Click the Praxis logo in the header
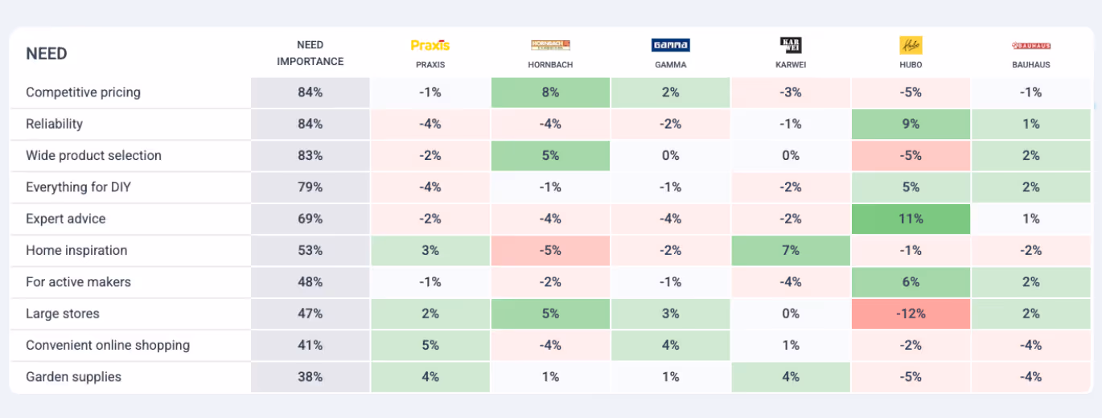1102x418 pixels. pos(430,46)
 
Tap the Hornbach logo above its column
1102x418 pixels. pos(550,46)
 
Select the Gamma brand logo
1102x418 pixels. pos(670,46)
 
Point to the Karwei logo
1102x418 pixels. pos(791,45)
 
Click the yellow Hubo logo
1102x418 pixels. pos(911,45)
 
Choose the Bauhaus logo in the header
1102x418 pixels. pos(1030,46)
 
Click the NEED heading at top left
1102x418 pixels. pos(47,54)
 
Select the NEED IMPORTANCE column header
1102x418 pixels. pos(310,53)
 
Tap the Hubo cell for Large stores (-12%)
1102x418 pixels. pos(911,313)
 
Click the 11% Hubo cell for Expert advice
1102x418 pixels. pos(911,219)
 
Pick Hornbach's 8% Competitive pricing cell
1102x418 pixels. pos(550,92)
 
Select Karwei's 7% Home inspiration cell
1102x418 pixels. pos(791,250)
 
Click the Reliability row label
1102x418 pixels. pos(54,124)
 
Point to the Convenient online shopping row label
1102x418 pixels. pos(108,345)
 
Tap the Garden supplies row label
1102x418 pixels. pos(73,377)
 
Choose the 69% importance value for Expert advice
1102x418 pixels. pos(310,219)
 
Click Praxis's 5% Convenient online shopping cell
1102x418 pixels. pos(430,345)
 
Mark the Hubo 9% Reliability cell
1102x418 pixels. pos(911,124)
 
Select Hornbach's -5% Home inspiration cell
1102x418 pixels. pos(550,250)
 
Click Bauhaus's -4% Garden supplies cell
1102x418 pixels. pos(1030,377)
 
